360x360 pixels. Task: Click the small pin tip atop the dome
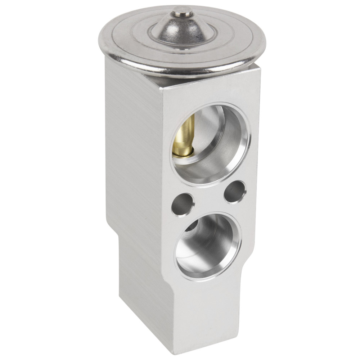pos(181,13)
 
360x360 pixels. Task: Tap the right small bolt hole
pos(234,192)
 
